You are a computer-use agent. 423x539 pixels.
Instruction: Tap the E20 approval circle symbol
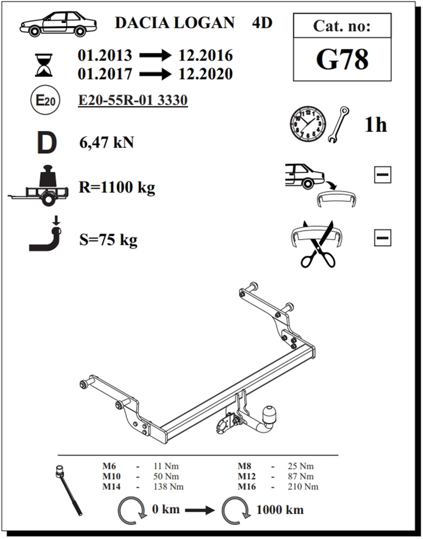[45, 101]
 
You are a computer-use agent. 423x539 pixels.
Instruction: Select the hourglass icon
[44, 65]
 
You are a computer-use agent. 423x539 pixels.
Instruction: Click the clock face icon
[308, 124]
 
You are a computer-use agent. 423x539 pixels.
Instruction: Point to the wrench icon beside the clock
[338, 124]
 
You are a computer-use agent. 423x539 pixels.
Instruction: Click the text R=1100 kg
[117, 187]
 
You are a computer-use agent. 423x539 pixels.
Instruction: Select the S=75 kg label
[108, 240]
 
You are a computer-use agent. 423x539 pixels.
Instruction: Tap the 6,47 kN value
[107, 143]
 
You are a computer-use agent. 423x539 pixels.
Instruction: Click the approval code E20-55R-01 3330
[133, 100]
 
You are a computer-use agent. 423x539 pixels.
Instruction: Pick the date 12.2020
[206, 74]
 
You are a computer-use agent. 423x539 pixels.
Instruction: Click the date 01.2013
[105, 55]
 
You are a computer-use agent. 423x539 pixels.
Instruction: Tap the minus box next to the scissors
[383, 238]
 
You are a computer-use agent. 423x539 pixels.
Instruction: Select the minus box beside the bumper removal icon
[383, 174]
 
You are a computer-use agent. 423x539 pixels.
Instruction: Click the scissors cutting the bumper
[318, 244]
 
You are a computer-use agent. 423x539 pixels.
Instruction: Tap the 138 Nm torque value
[168, 486]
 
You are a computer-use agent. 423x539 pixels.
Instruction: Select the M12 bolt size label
[247, 476]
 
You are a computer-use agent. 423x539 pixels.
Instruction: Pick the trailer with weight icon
[38, 185]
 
